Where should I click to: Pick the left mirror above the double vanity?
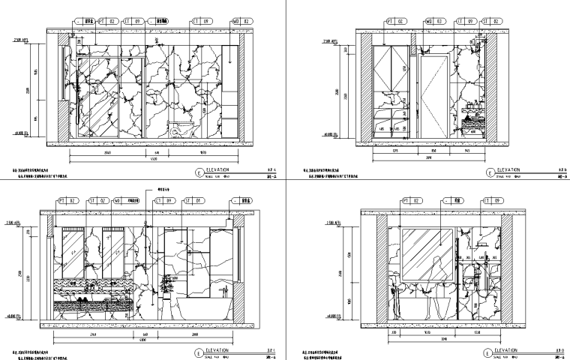73,248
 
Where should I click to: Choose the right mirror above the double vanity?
115,248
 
